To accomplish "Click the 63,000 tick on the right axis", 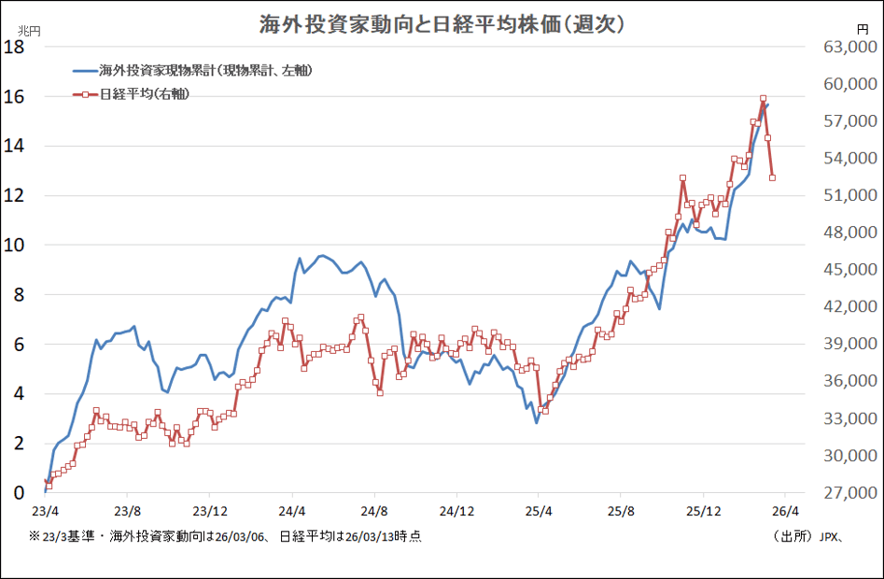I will [845, 48].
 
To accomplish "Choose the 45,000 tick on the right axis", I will [845, 270].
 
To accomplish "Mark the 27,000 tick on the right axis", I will [845, 493].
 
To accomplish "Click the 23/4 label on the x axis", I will [45, 511].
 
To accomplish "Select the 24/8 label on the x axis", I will [374, 511].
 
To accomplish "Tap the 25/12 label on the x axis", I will [703, 511].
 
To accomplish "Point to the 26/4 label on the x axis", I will [785, 511].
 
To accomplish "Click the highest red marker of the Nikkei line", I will [763, 99].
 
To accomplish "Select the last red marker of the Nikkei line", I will [772, 177].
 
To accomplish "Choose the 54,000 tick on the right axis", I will [845, 159].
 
